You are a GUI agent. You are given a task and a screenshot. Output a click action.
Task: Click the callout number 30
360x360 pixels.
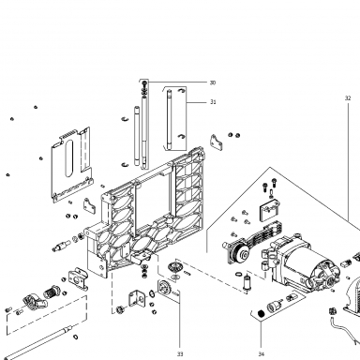click(213, 82)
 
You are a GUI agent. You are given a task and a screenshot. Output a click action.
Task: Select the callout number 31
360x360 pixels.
click(213, 102)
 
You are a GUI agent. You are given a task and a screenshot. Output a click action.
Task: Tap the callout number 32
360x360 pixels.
click(348, 98)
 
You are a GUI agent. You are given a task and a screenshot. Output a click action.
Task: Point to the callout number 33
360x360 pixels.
click(180, 353)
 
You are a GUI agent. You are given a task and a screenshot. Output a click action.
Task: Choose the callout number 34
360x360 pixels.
click(262, 353)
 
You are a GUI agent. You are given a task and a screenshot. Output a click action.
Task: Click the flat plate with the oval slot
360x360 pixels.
click(71, 164)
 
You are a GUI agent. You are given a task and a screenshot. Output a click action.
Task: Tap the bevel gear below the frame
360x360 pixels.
click(172, 267)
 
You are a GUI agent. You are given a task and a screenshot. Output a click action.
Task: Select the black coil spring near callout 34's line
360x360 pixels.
click(261, 313)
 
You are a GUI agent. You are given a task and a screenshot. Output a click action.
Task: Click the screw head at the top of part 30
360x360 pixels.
click(144, 83)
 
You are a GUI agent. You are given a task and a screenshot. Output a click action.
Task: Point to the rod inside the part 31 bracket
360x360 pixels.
click(169, 119)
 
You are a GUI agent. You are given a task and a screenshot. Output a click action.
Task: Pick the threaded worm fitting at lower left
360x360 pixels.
click(51, 292)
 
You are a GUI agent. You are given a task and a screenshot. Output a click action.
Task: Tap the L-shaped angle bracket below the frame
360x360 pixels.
click(137, 299)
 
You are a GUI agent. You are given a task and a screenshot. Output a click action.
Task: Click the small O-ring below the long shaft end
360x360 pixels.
click(75, 337)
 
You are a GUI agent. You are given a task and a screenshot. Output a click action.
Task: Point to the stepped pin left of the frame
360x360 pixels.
click(61, 247)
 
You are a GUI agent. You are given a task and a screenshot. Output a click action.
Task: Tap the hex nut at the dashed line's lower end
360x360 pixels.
click(119, 309)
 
